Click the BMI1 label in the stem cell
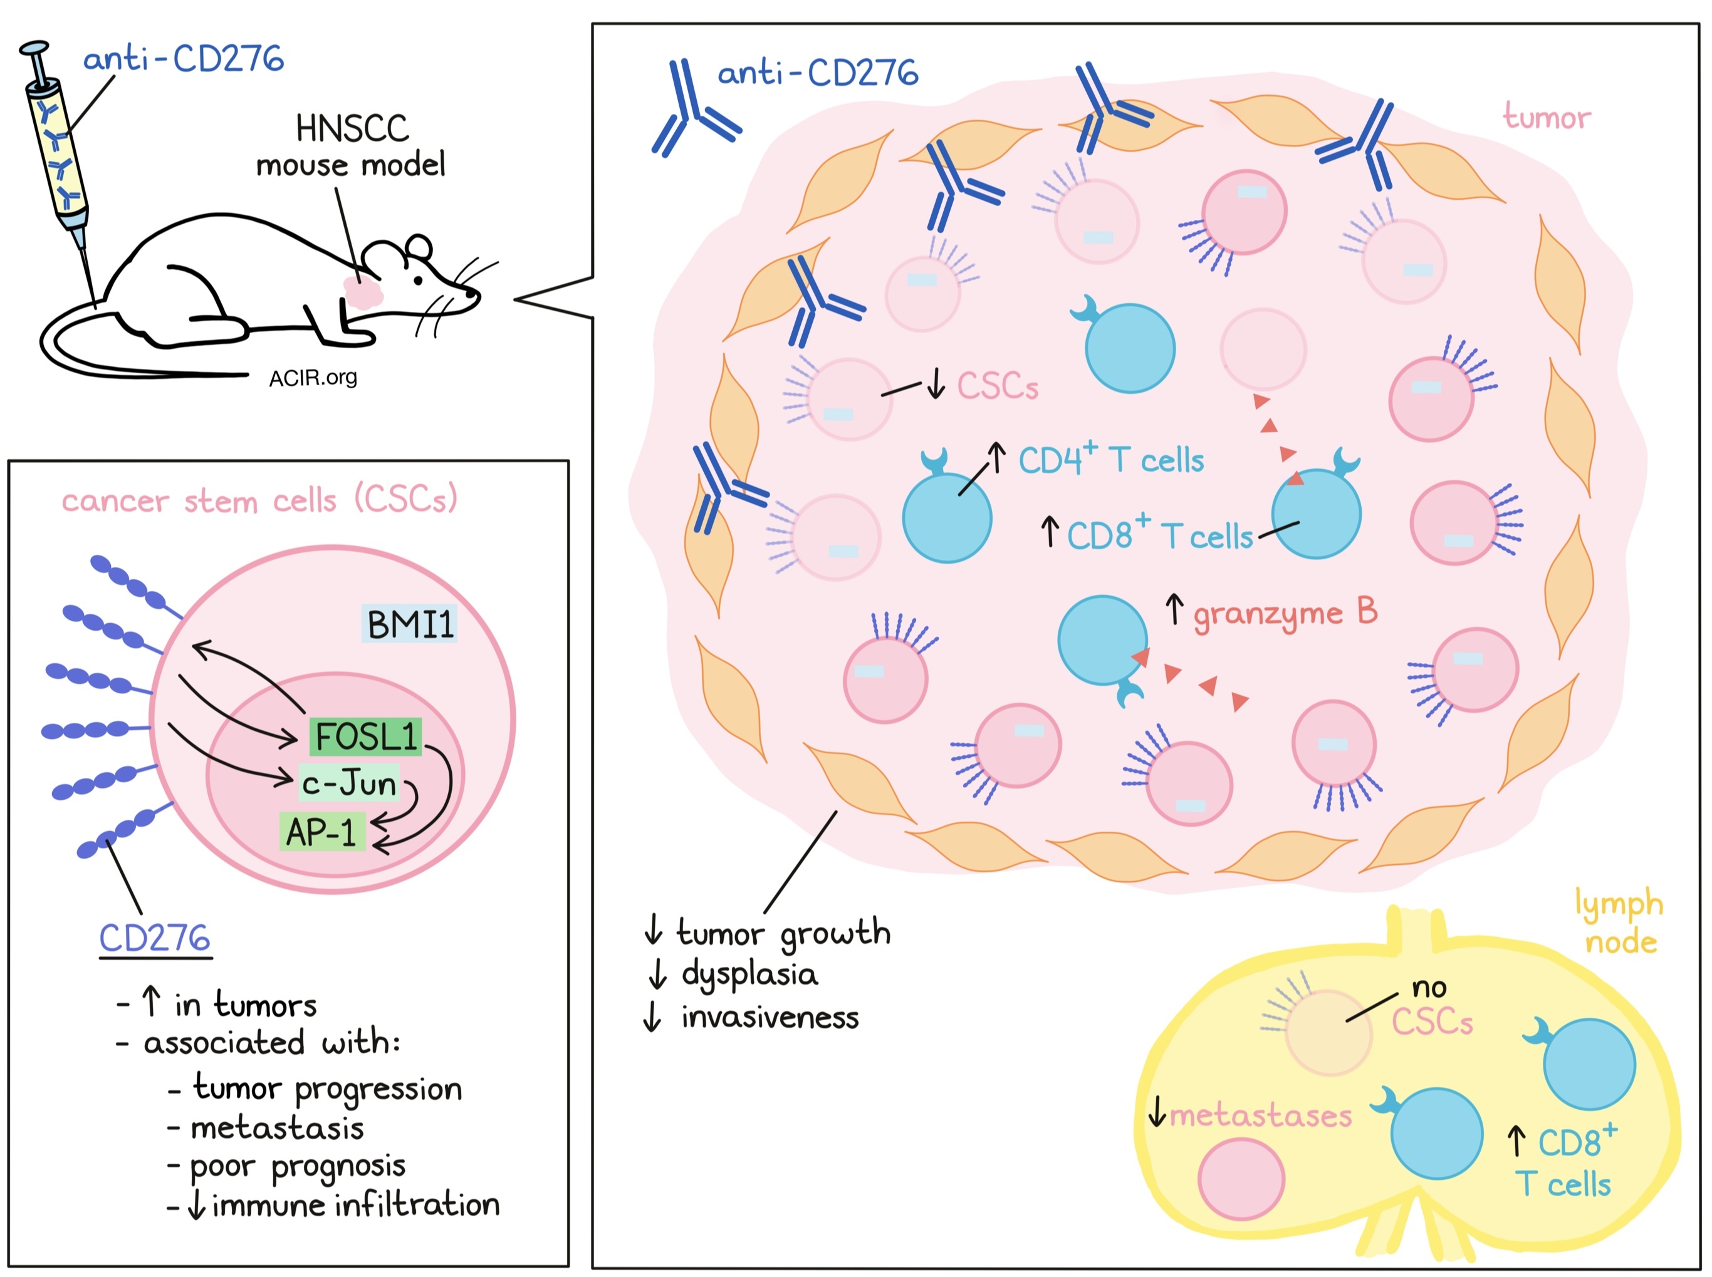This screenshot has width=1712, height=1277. [410, 624]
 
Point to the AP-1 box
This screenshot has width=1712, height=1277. [321, 832]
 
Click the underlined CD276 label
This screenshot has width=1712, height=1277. [155, 938]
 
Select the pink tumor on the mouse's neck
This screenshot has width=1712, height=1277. [363, 291]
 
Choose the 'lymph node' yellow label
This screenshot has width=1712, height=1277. [1620, 922]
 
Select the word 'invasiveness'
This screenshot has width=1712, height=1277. [770, 1017]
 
